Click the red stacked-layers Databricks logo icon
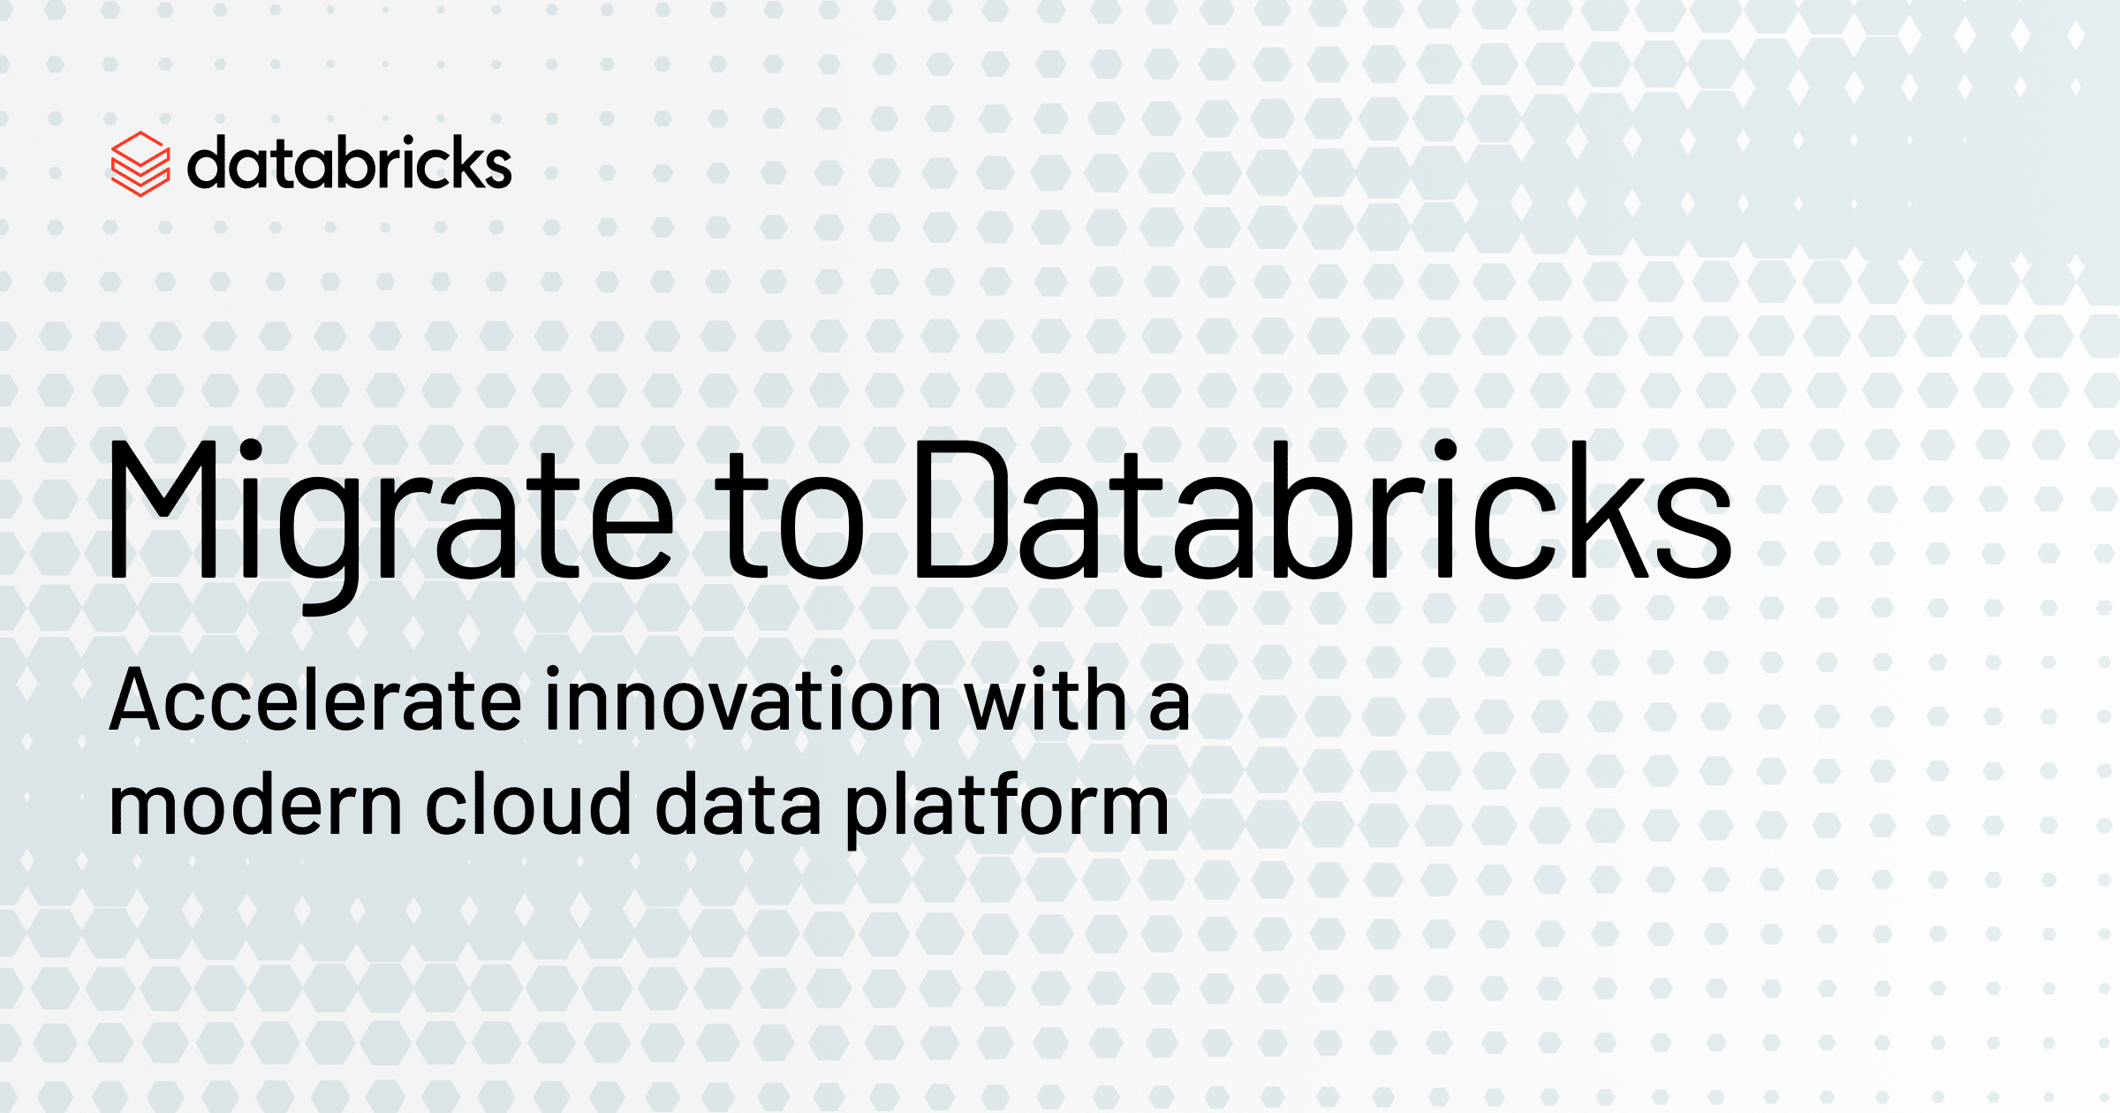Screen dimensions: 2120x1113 tap(140, 164)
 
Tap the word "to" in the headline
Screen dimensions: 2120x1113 tap(789, 516)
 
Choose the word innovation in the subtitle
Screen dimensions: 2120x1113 tap(744, 699)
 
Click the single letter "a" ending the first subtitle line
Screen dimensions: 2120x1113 tap(1169, 707)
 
